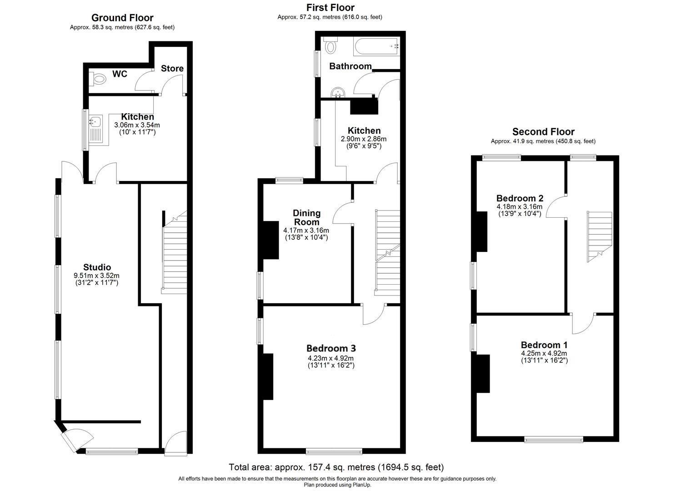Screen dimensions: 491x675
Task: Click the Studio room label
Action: tap(97, 267)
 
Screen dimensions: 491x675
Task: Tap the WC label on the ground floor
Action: tap(120, 74)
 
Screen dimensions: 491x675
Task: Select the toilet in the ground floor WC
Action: tap(98, 80)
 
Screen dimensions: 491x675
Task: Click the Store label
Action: tap(172, 69)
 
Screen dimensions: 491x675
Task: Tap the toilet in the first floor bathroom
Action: tap(330, 45)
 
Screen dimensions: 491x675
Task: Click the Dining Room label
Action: tap(306, 217)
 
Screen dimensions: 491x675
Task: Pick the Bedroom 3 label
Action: tap(331, 348)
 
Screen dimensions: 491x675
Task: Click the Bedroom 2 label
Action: tap(520, 198)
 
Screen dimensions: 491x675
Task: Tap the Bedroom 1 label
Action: tap(544, 345)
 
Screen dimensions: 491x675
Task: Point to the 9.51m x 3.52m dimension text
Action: tap(96, 276)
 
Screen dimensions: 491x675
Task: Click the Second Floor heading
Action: tap(543, 132)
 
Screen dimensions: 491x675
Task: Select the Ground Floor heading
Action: tap(122, 18)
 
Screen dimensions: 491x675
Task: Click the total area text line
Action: tap(336, 467)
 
